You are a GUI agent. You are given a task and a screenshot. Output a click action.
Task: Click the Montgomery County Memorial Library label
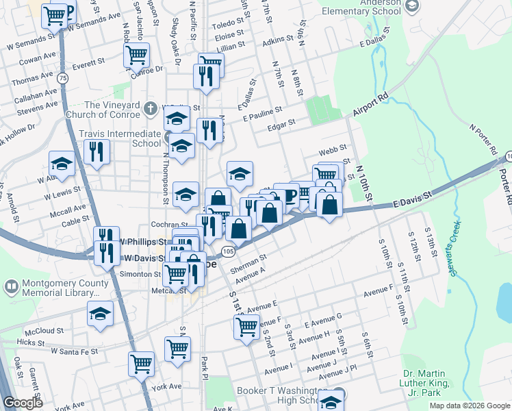(56, 288)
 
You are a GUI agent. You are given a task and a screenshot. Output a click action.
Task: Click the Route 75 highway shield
(63, 79)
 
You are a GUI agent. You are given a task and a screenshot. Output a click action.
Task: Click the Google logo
(23, 403)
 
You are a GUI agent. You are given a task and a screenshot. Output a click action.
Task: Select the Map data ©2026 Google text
(469, 406)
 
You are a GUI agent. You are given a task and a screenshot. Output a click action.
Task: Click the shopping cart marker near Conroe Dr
(137, 54)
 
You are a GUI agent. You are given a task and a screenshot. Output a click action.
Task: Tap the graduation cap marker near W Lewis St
(62, 164)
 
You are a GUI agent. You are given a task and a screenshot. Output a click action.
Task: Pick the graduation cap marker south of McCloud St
(101, 314)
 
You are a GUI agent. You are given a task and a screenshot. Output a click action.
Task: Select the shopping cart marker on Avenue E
(246, 325)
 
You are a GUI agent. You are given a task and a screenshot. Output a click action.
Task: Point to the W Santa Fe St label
(75, 351)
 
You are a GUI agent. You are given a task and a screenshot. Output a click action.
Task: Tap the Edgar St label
(281, 123)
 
